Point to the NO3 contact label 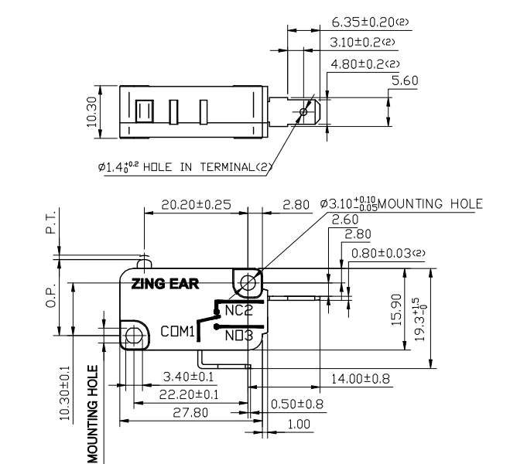click(237, 335)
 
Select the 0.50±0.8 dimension click(297, 404)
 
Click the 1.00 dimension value click(297, 424)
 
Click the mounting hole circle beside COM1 click(134, 335)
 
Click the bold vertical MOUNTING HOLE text click(94, 414)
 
